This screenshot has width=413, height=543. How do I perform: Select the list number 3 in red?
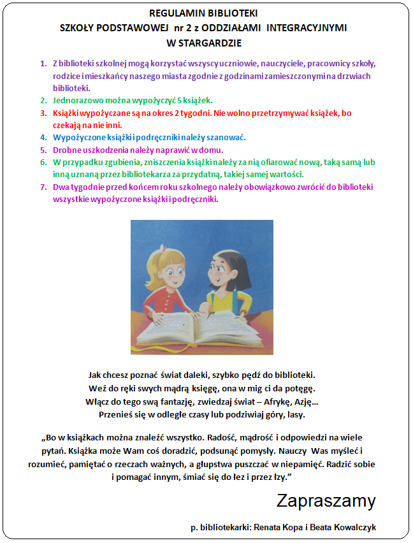tap(43, 113)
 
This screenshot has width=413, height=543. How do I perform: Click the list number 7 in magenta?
tap(43, 187)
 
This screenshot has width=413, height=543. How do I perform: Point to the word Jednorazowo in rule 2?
tap(77, 101)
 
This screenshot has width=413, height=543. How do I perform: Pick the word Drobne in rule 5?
tap(66, 150)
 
